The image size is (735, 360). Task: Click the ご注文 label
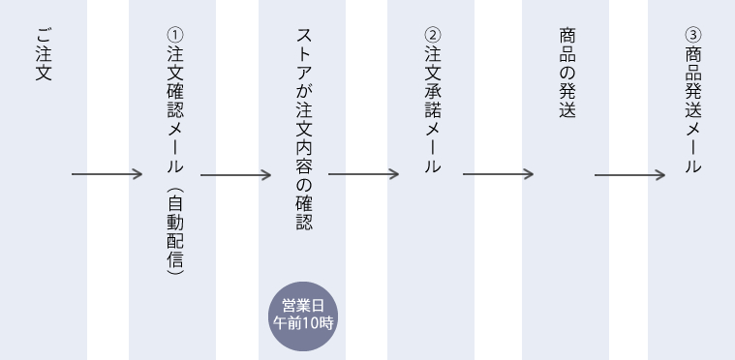coord(42,60)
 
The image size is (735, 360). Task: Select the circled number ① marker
coord(171,36)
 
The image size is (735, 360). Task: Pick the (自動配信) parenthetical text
coord(171,233)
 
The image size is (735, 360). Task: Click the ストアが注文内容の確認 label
coord(301,127)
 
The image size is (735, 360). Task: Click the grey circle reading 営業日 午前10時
coord(301,314)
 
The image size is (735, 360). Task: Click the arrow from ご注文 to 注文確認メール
coord(107,175)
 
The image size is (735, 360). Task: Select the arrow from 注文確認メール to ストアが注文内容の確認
coord(236,175)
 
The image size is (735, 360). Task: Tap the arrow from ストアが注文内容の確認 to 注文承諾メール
coord(364,175)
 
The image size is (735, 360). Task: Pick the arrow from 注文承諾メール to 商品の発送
coord(498,175)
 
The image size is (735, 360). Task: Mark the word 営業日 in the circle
coord(301,304)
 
